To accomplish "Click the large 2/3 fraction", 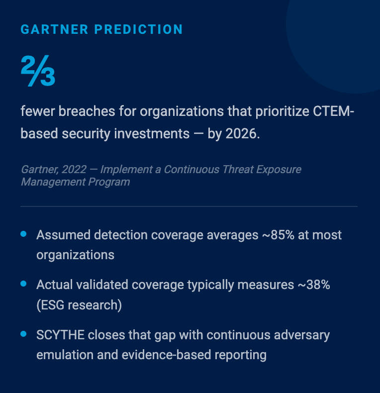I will coord(38,71).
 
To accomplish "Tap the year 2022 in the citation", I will coord(73,170).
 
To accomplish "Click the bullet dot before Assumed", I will coord(23,234).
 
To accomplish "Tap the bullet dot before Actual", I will coord(23,284).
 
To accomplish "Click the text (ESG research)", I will coord(79,305).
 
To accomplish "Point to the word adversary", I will coord(301,335).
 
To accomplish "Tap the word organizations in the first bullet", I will coord(75,255).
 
